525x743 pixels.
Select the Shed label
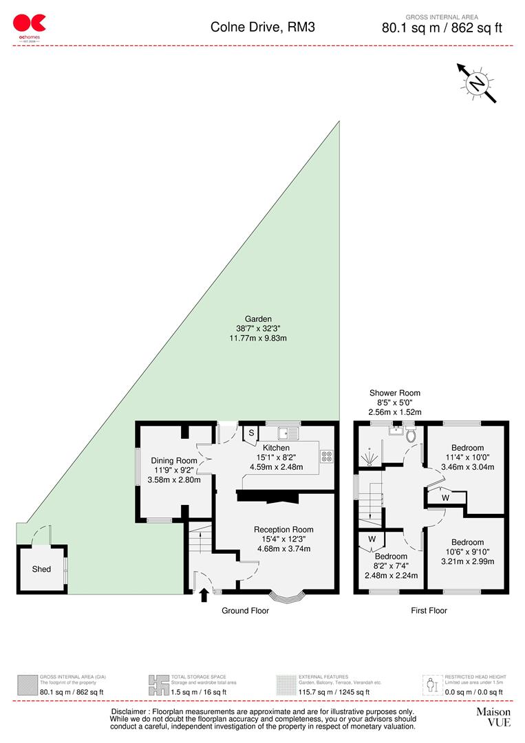[41, 569]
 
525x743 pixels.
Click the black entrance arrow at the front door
[204, 594]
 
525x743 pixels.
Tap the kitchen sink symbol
[287, 433]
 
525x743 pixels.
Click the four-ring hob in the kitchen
[326, 455]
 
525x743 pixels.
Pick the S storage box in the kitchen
[251, 433]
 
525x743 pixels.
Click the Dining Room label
[174, 461]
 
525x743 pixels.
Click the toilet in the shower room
[411, 435]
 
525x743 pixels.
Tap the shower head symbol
[370, 455]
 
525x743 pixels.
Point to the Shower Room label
[394, 393]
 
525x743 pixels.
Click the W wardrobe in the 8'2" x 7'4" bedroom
[372, 539]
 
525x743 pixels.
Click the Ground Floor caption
[245, 610]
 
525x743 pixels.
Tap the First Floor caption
[429, 610]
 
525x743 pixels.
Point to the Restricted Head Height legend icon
[432, 684]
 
